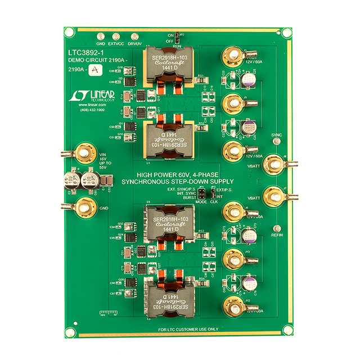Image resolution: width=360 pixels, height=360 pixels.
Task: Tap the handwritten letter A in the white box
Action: (x=97, y=69)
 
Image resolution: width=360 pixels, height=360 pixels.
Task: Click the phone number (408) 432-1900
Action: (x=90, y=110)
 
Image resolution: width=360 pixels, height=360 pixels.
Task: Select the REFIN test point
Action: (x=276, y=229)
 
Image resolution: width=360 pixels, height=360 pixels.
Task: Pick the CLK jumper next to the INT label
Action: (x=213, y=195)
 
